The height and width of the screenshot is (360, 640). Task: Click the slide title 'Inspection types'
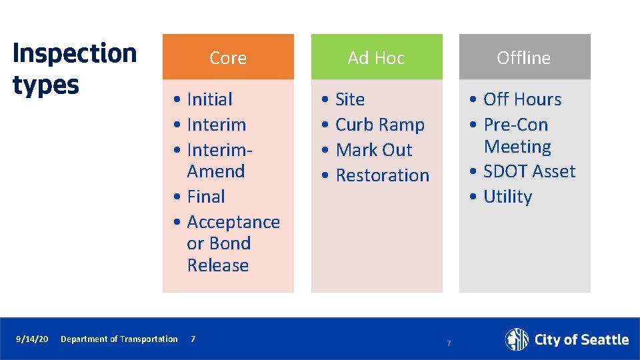[74, 69]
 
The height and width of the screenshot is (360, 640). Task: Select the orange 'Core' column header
[228, 58]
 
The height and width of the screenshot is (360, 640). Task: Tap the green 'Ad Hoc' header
[376, 58]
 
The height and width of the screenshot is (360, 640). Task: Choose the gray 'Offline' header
[524, 58]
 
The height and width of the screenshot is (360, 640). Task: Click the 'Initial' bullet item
[209, 99]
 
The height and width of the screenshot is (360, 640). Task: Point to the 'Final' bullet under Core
[205, 197]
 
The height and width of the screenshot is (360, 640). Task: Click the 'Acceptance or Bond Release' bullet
[232, 243]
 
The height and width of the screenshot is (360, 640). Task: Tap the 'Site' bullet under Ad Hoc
[349, 99]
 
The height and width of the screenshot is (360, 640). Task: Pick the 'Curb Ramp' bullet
[379, 125]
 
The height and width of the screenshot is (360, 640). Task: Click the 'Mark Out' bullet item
[373, 150]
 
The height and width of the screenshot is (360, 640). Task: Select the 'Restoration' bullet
[382, 175]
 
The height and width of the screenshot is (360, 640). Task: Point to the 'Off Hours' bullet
[522, 99]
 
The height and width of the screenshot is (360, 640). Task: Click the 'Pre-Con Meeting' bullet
[517, 136]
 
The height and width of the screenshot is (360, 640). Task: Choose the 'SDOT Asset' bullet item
[529, 171]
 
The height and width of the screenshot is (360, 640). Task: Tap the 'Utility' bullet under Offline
[507, 197]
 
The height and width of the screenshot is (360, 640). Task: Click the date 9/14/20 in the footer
[32, 339]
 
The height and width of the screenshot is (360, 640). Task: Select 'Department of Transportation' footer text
[119, 339]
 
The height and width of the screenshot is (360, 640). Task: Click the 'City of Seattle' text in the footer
[581, 340]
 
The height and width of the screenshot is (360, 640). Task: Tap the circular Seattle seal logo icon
[517, 339]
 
